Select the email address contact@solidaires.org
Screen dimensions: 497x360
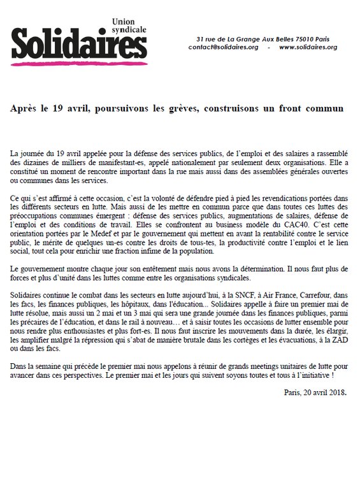pos(226,47)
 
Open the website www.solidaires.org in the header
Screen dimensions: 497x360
pos(308,47)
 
